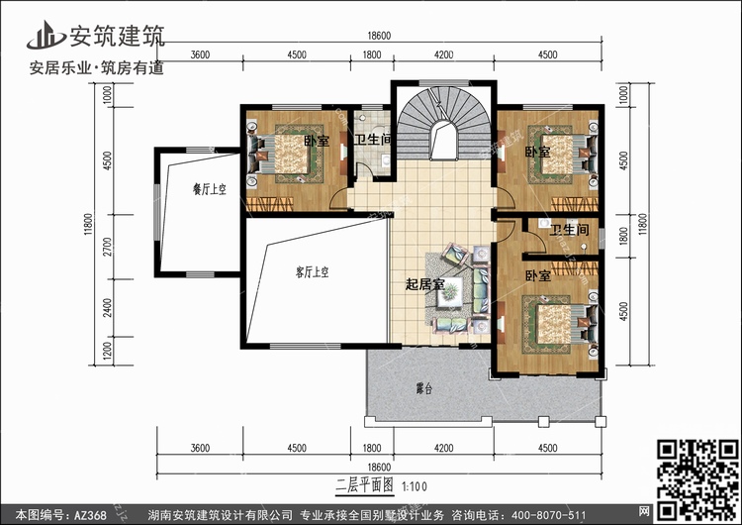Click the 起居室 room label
pyautogui.click(x=425, y=284)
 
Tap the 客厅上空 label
pyautogui.click(x=312, y=272)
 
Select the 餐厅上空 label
pyautogui.click(x=210, y=189)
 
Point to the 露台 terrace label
pyautogui.click(x=424, y=389)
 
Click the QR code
pyautogui.click(x=697, y=480)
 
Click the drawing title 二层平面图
pyautogui.click(x=364, y=485)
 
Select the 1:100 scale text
pyautogui.click(x=415, y=486)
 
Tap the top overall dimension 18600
pyautogui.click(x=379, y=36)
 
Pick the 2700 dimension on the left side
pyautogui.click(x=109, y=247)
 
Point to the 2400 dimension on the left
pyautogui.click(x=109, y=308)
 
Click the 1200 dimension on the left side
pyautogui.click(x=109, y=351)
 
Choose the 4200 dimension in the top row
pyautogui.click(x=443, y=54)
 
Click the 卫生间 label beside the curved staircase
pyautogui.click(x=373, y=140)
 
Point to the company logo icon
pyautogui.click(x=46, y=35)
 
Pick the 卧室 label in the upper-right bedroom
pyautogui.click(x=538, y=153)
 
